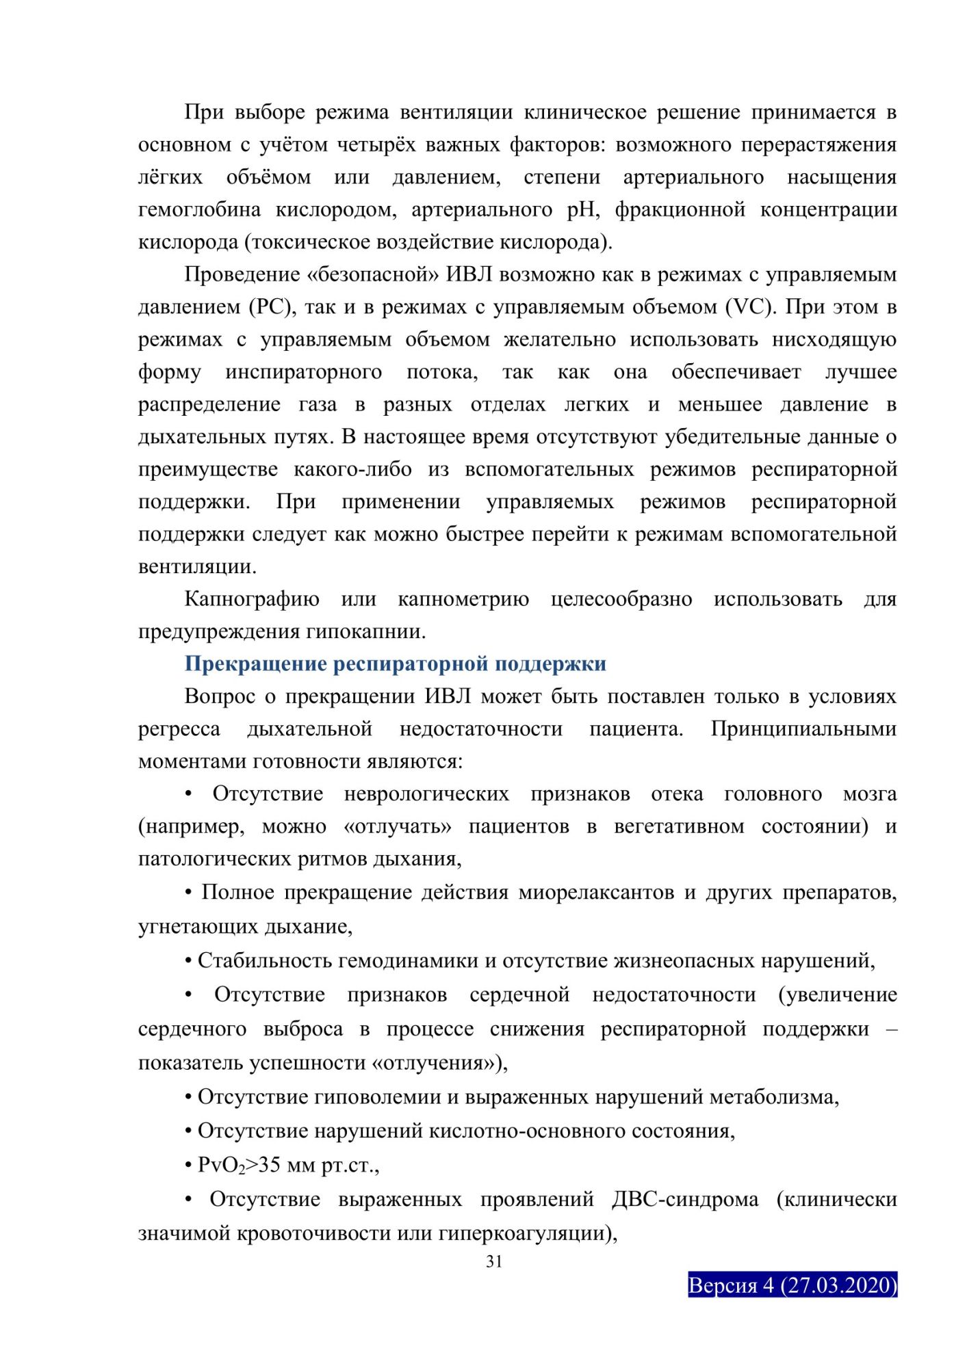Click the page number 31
494,1261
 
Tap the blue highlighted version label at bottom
792,1285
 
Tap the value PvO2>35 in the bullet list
238,1164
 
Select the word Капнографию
251,599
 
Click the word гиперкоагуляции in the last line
528,1233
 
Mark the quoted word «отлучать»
398,826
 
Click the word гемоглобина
199,209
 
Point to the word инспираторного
304,372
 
